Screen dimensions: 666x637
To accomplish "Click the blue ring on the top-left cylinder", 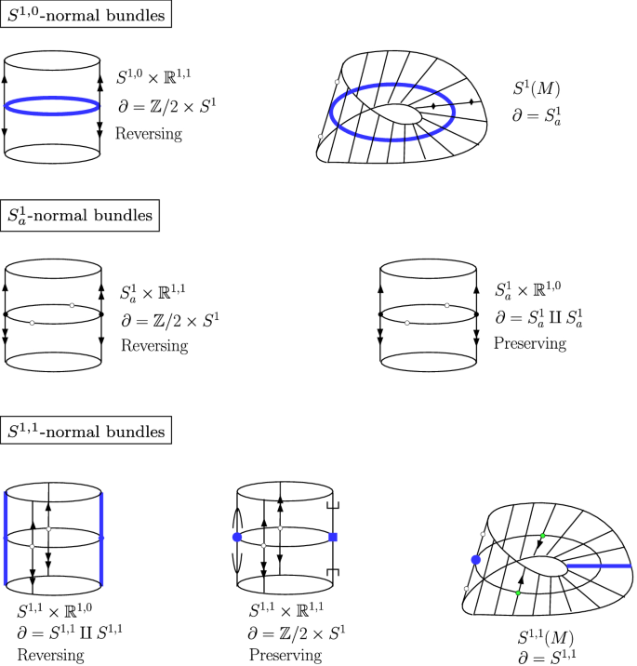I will [x=52, y=107].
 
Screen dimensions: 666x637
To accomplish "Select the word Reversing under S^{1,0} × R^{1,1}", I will [x=148, y=133].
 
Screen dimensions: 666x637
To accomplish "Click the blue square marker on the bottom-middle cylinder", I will [x=333, y=538].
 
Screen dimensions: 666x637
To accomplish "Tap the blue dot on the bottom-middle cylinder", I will [x=238, y=538].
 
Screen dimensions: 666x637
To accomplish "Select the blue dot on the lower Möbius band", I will [x=475, y=559].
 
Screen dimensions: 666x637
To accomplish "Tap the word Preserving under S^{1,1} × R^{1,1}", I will [x=285, y=656].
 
